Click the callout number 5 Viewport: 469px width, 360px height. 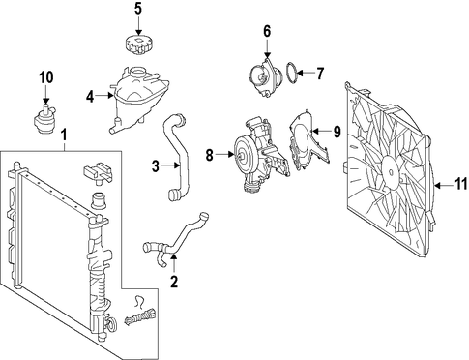pyautogui.click(x=138, y=9)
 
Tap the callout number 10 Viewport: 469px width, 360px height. pyautogui.click(x=46, y=77)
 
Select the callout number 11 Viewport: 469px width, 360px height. pyautogui.click(x=461, y=185)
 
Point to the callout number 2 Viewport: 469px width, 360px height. pyautogui.click(x=174, y=282)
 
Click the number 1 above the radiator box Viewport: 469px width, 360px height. pyautogui.click(x=65, y=135)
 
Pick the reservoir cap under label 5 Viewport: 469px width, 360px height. pyautogui.click(x=138, y=45)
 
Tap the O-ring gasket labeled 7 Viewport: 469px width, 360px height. pyautogui.click(x=292, y=73)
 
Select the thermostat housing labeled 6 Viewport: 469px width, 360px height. pyautogui.click(x=264, y=76)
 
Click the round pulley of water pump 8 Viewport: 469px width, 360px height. pyautogui.click(x=245, y=156)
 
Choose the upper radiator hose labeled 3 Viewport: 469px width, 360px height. pyautogui.click(x=177, y=155)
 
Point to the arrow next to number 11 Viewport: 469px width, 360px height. pyautogui.click(x=444, y=186)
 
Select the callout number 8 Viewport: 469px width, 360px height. pyautogui.click(x=210, y=156)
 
